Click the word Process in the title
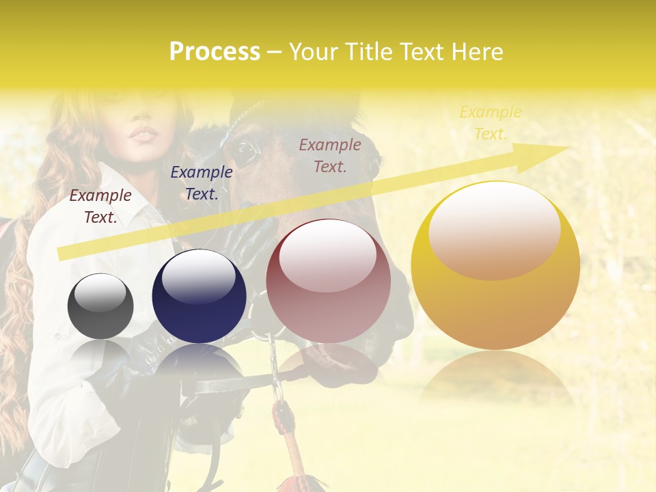(215, 52)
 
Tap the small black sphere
(100, 306)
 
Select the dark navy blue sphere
(199, 297)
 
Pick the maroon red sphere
(328, 282)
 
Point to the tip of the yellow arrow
(567, 148)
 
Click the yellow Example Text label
(490, 123)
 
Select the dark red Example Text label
(100, 206)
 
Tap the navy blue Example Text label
(202, 183)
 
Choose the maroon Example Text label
(330, 156)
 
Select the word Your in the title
(314, 52)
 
